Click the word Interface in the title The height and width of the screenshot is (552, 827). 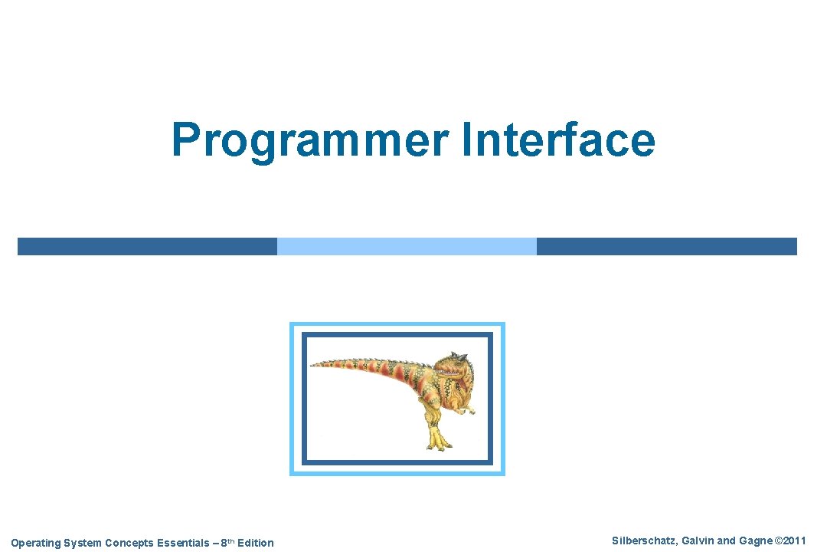click(558, 140)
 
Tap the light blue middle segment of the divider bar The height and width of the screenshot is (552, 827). click(407, 246)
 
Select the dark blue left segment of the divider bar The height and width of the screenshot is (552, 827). click(147, 246)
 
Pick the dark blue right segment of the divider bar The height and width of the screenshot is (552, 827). click(666, 246)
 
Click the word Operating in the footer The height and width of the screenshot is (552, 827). click(34, 543)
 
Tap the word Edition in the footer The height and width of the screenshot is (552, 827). click(255, 543)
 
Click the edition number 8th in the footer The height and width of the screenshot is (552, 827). click(226, 543)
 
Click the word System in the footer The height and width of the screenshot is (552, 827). click(81, 543)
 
